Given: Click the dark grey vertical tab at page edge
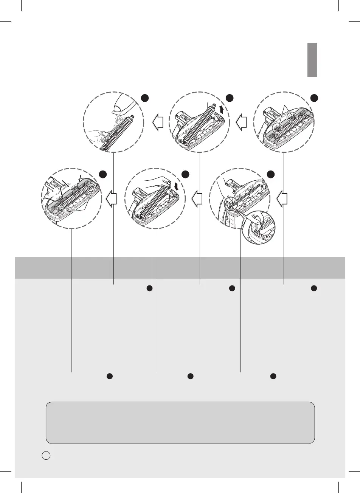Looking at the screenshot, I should point(312,60).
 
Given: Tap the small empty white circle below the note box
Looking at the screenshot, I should point(45,456).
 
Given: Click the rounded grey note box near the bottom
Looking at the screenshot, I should point(180,422).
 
